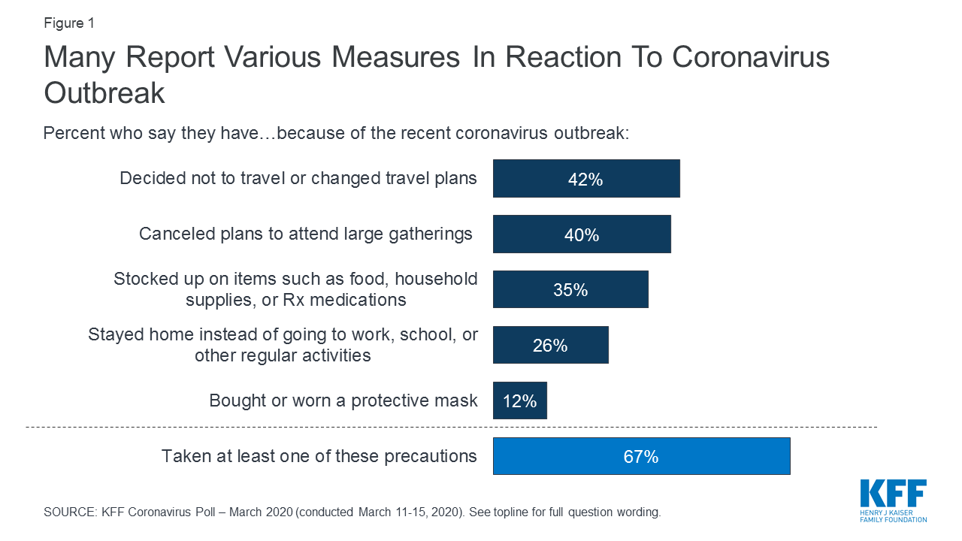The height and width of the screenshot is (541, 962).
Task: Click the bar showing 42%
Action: pos(586,178)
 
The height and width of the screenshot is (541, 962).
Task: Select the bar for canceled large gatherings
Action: pos(582,234)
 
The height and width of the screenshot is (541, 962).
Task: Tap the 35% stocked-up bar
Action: pos(570,289)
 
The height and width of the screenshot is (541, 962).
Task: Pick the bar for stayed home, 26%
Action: pos(550,345)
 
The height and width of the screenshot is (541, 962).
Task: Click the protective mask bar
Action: pos(519,400)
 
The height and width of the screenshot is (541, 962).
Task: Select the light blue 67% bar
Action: pos(641,456)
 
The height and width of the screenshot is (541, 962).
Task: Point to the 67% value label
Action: pos(641,456)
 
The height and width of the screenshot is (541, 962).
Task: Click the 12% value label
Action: pos(519,401)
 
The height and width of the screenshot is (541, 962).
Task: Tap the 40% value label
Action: pos(582,235)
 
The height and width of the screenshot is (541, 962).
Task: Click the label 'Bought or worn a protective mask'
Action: pos(343,400)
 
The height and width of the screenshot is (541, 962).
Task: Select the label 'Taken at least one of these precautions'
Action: pos(319,456)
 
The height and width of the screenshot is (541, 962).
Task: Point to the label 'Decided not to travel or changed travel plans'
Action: pos(298,178)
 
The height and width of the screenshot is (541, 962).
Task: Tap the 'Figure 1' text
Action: pos(69,23)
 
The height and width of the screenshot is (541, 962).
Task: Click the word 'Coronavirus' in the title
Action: pos(751,58)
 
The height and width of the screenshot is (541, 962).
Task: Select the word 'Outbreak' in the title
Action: pos(104,93)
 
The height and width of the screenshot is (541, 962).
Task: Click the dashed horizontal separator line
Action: pos(451,427)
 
